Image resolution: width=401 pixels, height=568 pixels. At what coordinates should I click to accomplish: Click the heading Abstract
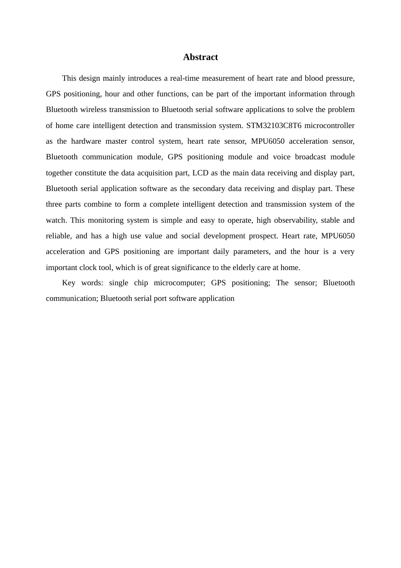tap(200, 57)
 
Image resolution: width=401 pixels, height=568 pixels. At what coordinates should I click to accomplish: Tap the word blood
tap(313, 78)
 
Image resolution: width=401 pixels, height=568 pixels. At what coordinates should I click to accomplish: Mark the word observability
tap(295, 220)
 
